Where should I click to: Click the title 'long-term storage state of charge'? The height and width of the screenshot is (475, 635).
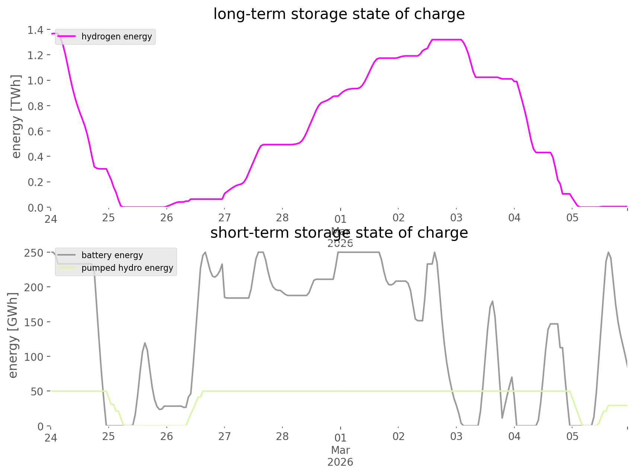click(339, 14)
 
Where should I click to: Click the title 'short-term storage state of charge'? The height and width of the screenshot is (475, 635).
click(339, 233)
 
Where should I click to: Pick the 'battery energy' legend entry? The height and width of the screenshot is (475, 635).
click(112, 255)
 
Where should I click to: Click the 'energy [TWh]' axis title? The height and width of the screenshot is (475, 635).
click(16, 116)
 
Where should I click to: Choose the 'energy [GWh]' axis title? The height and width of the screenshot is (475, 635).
click(13, 335)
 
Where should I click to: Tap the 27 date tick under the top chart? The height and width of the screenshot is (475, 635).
click(224, 218)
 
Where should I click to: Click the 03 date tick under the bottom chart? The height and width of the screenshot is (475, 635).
click(456, 436)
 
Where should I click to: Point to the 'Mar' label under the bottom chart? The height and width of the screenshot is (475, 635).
click(340, 450)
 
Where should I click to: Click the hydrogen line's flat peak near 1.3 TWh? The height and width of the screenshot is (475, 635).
click(447, 39)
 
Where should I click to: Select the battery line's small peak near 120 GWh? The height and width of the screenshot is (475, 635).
click(145, 343)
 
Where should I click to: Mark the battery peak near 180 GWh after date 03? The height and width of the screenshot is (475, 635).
click(492, 301)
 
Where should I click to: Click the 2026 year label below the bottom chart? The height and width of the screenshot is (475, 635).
click(340, 462)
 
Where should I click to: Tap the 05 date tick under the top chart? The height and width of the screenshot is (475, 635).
click(572, 218)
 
